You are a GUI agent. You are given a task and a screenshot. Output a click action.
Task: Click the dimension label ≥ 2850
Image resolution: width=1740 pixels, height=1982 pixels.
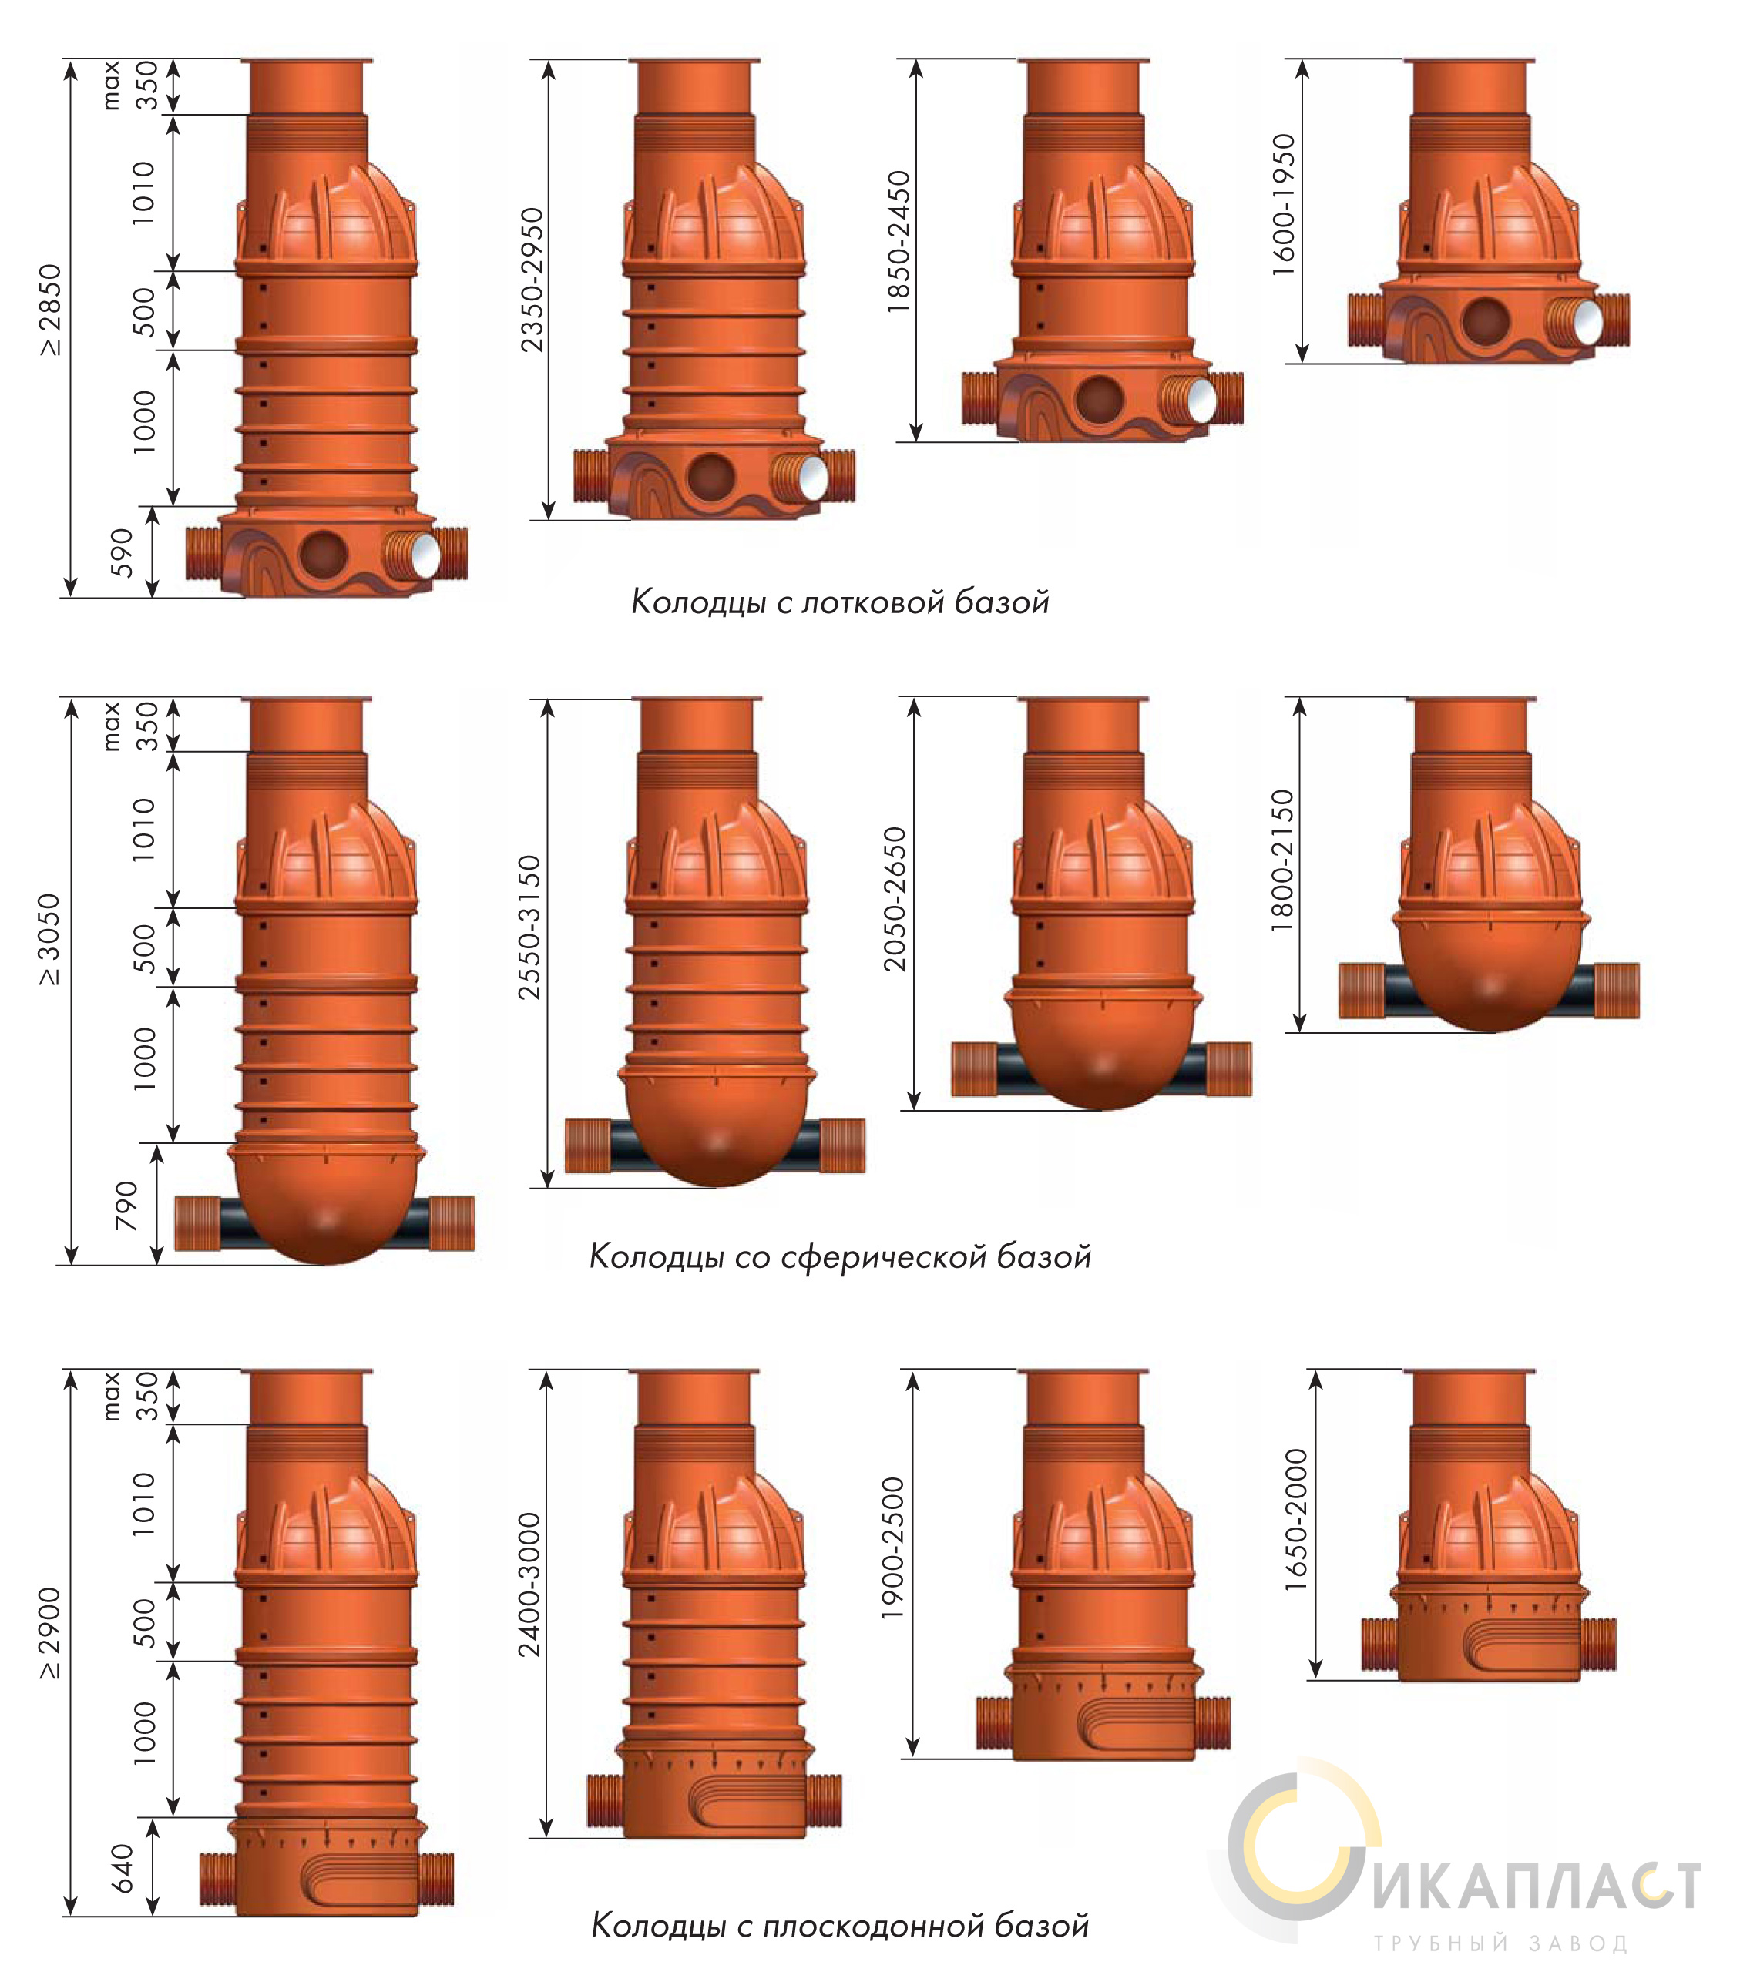pyautogui.click(x=49, y=310)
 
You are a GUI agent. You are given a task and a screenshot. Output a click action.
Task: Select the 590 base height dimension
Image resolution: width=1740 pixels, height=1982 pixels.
pyautogui.click(x=123, y=553)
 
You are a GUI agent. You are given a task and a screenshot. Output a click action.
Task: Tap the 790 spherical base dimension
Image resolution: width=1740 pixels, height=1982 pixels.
pyautogui.click(x=126, y=1206)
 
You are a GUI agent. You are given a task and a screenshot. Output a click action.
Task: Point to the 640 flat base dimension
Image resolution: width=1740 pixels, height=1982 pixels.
pyautogui.click(x=123, y=1867)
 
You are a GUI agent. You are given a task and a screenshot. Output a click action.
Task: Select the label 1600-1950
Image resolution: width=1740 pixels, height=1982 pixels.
pyautogui.click(x=1283, y=205)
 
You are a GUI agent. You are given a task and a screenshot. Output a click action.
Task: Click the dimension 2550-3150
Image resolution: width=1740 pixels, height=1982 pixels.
pyautogui.click(x=529, y=927)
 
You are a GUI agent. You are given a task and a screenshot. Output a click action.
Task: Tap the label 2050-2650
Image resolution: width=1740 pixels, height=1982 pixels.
pyautogui.click(x=894, y=899)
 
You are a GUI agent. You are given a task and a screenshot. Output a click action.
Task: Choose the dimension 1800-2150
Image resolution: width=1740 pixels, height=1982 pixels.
pyautogui.click(x=1282, y=860)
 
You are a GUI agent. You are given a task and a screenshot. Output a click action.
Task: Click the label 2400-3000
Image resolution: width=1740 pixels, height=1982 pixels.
pyautogui.click(x=529, y=1585)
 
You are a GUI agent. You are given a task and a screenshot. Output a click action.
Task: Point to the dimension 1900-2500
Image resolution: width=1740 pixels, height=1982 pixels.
pyautogui.click(x=893, y=1548)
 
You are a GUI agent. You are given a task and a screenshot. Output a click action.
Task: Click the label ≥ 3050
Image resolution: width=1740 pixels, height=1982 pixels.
pyautogui.click(x=49, y=941)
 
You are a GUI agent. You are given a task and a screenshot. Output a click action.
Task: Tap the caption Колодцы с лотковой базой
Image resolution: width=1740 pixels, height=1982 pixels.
pyautogui.click(x=840, y=602)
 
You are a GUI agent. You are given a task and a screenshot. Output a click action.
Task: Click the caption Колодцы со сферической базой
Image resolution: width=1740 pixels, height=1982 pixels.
pyautogui.click(x=840, y=1256)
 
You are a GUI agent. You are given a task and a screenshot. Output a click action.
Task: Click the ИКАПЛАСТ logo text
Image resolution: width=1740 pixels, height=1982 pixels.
pyautogui.click(x=1537, y=1886)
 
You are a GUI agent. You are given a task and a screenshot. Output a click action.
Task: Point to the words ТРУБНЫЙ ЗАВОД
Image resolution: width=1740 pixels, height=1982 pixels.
pyautogui.click(x=1500, y=1944)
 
